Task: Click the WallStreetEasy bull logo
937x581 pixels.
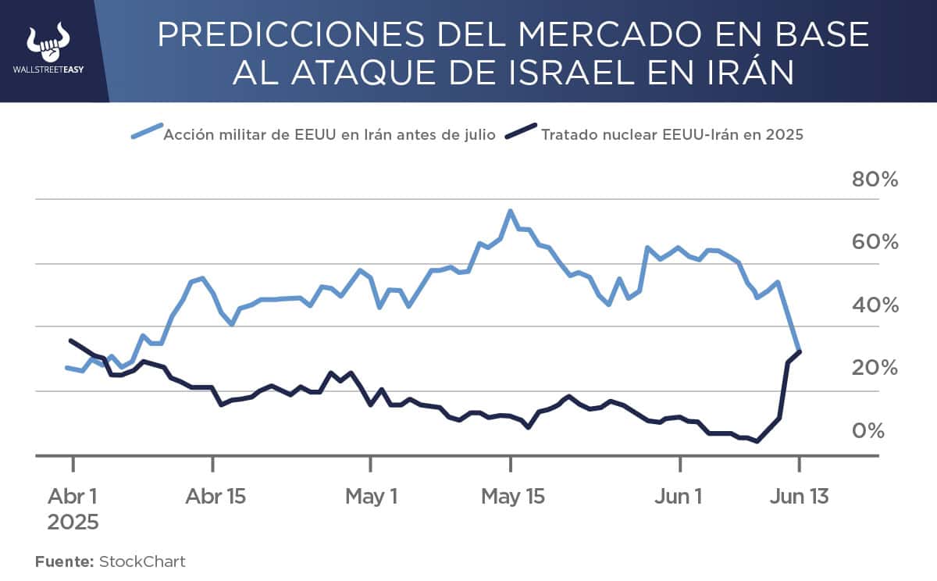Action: (x=48, y=43)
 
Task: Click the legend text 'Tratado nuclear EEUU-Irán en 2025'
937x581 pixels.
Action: (x=672, y=134)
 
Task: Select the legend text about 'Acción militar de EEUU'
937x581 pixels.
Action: (x=329, y=134)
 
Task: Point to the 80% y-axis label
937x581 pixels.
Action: (x=874, y=180)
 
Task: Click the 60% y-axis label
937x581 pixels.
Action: (x=874, y=242)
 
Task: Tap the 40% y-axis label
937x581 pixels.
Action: (x=874, y=305)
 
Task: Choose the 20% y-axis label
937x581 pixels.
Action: (x=874, y=368)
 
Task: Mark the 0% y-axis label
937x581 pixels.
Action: (x=868, y=431)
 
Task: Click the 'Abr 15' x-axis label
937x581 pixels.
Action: (x=215, y=497)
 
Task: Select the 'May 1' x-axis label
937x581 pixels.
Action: (x=371, y=497)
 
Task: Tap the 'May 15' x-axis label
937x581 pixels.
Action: (x=511, y=497)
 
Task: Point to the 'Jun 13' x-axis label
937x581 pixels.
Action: (x=799, y=497)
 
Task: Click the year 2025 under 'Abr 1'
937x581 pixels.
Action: (x=73, y=522)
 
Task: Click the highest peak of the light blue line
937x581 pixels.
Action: (x=510, y=211)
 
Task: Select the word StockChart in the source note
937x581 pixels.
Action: (x=142, y=561)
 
